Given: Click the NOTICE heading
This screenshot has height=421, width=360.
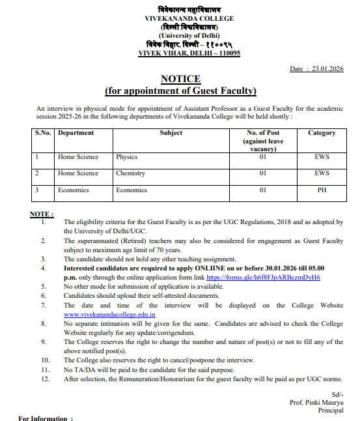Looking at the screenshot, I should coord(180,79).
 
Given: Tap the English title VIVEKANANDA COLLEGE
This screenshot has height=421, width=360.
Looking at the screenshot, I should coord(180,19).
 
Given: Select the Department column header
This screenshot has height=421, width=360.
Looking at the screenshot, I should coord(76,133).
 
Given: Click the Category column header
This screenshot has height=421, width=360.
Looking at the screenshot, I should coord(322,133).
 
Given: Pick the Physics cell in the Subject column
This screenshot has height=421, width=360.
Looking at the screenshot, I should coord(127,157).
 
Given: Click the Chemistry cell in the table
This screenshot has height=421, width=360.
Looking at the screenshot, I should coord(130,173).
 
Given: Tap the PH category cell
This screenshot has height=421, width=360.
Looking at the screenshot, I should coord(322,190).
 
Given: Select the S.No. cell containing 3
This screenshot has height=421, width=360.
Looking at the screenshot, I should coord(37,190).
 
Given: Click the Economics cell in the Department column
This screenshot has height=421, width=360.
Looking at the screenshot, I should coord(73,190).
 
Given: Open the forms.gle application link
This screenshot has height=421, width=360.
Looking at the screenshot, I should coord(263,277).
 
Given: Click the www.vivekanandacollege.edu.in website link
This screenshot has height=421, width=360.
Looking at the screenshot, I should coord(109,314).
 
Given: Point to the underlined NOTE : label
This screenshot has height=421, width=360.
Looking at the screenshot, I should coord(42,214).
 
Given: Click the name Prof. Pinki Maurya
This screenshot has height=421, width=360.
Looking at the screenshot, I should coord(317,403).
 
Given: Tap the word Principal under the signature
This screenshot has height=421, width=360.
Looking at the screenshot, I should coord(330,411).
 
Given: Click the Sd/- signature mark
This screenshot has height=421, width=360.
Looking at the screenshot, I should coord(337,394).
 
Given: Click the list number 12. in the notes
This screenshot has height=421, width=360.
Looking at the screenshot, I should coord(45,379).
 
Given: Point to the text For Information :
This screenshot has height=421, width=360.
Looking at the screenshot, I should coord(46,418).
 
